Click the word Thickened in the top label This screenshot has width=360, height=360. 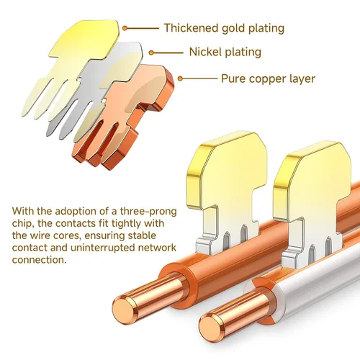191,28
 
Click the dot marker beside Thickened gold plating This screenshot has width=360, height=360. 125,28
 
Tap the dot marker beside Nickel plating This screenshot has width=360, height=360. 151,53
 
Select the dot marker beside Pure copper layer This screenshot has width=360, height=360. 181,78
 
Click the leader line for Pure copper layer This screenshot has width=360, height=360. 200,78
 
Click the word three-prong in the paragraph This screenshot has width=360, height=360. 148,212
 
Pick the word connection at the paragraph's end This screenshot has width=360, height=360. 39,260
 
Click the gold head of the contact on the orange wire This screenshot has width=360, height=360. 228,168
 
